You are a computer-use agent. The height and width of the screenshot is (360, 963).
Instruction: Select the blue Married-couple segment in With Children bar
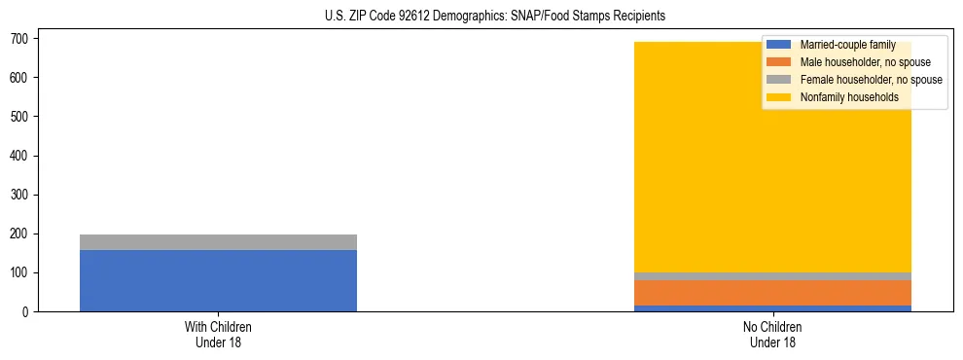[x=218, y=280]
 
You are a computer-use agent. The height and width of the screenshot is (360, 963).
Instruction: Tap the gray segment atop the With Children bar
[x=218, y=242]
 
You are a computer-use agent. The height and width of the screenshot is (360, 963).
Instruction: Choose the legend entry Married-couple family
[x=847, y=45]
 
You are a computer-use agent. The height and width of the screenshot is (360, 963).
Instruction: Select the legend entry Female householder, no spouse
[x=871, y=80]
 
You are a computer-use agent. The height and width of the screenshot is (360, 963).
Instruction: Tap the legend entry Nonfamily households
[x=849, y=97]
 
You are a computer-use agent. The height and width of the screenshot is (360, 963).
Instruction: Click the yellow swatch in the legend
[x=779, y=97]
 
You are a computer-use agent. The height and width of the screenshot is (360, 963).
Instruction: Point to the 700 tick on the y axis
[x=20, y=38]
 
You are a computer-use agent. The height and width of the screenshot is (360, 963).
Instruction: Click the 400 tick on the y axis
[x=20, y=156]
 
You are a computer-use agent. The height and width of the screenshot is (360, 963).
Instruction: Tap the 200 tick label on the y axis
[x=20, y=234]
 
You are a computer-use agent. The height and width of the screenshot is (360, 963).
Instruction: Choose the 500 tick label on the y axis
[x=20, y=117]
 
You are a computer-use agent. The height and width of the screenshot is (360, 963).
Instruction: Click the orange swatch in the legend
[x=779, y=62]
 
